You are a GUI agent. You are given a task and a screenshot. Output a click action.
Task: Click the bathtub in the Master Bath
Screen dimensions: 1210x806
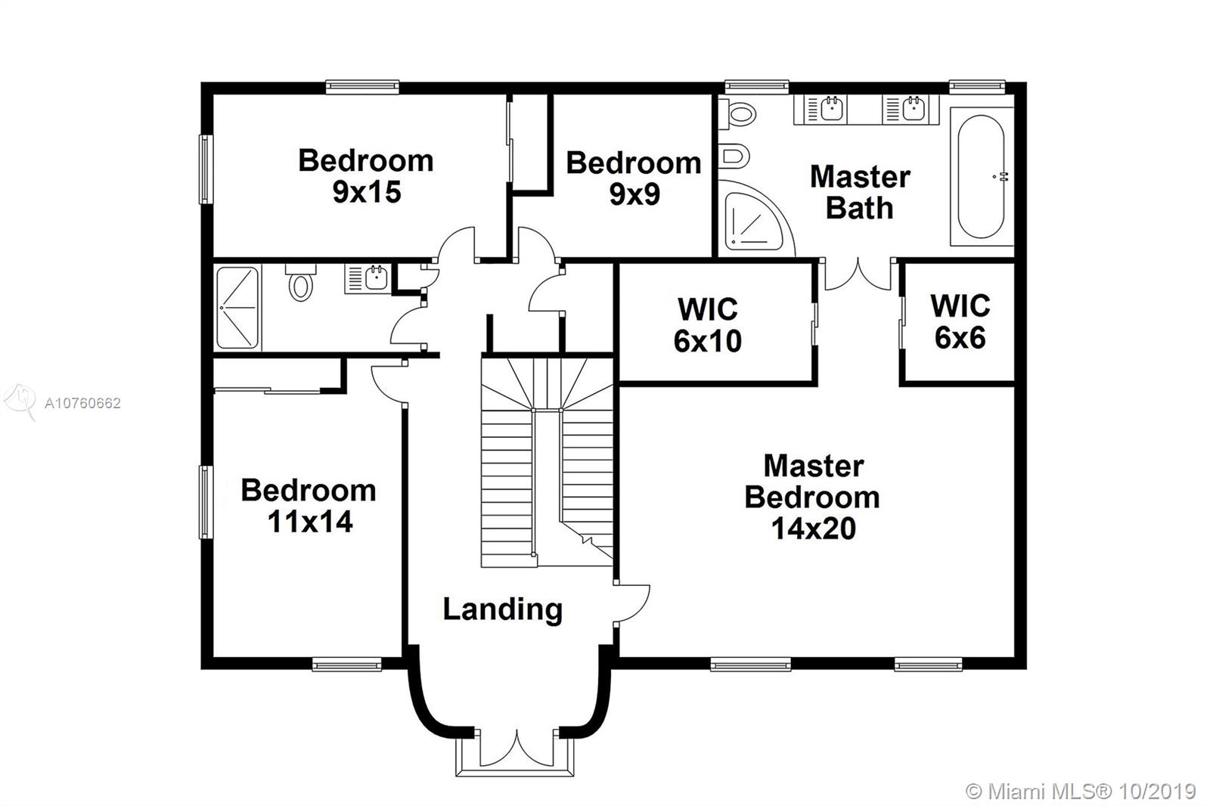981,177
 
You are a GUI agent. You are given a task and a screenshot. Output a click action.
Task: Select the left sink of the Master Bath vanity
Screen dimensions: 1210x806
832,109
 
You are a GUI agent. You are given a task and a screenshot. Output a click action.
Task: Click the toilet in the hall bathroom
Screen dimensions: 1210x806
301,282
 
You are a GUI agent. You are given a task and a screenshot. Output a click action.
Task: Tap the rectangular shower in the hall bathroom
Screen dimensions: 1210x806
237,308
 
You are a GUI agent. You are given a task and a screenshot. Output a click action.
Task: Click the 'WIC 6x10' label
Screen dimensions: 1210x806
708,324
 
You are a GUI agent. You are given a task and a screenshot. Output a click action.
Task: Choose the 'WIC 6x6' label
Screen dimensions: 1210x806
960,321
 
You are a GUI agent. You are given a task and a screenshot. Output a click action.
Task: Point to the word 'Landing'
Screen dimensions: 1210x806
503,610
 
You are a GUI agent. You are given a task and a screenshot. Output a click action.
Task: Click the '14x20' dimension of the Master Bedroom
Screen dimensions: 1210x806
814,529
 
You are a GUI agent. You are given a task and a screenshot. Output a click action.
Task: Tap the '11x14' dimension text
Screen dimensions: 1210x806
310,522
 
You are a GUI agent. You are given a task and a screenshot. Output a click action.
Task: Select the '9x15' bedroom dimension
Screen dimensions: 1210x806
367,192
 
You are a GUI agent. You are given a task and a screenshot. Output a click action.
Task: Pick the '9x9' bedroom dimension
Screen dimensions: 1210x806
634,194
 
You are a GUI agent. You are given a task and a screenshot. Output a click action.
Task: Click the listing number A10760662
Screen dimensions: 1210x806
82,403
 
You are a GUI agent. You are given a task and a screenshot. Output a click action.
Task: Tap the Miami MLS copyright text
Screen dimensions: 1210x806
1081,792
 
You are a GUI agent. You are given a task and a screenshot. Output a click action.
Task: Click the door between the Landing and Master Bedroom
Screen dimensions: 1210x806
632,603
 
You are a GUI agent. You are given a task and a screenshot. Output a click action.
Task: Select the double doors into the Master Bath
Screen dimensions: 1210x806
858,274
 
